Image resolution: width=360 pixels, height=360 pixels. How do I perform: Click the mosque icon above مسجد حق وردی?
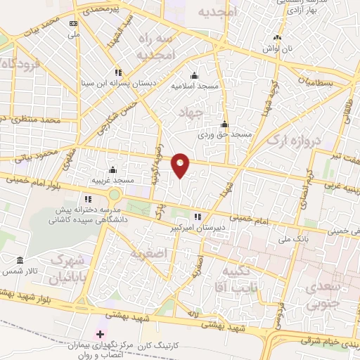[x=224, y=124]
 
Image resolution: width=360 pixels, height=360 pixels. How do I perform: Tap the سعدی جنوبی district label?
[x=321, y=296]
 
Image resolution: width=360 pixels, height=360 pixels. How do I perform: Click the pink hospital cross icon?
[x=100, y=333]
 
